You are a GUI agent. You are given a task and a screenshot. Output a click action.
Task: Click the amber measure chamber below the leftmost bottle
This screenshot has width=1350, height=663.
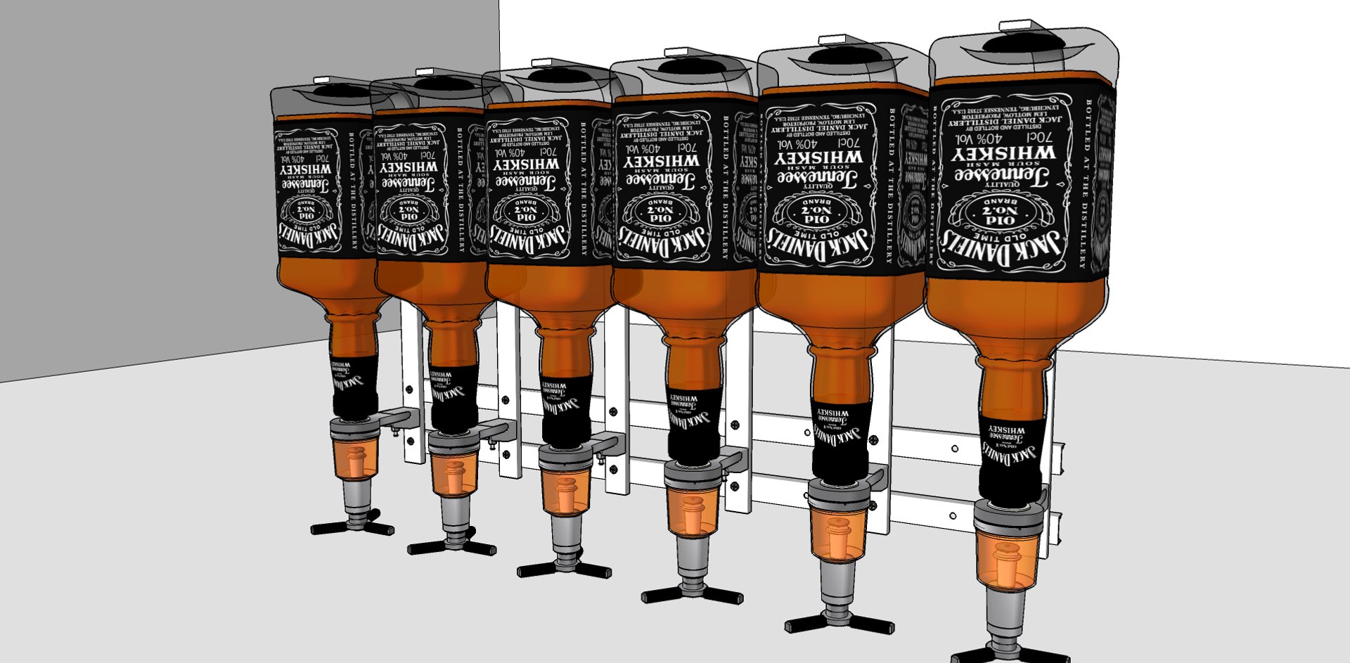point(356,464)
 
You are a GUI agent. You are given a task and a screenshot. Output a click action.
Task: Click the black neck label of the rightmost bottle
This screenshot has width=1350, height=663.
point(1010,450)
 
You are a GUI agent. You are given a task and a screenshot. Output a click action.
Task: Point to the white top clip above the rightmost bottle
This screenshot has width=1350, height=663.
point(1018,26)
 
